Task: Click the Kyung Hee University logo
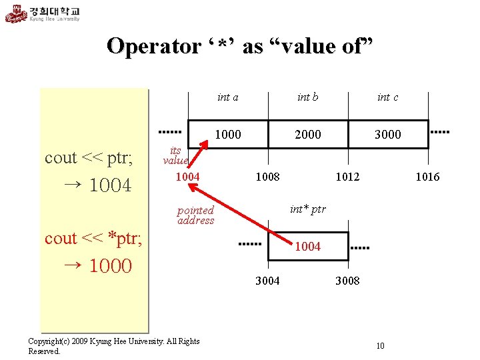coord(43,13)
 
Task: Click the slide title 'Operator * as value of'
coord(239,46)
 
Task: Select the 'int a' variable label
coord(228,97)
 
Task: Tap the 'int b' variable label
coord(307,97)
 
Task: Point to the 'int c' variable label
coord(387,97)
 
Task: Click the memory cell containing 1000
coord(228,134)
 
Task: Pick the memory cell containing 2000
coord(307,134)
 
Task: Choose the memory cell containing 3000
coord(387,134)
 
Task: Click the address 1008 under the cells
coord(268,177)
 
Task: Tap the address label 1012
coord(348,177)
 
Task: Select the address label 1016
coord(427,177)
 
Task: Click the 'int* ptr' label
coord(307,209)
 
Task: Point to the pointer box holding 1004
coord(308,246)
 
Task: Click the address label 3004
coord(268,281)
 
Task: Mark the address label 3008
coord(347,281)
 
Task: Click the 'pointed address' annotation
coord(195,215)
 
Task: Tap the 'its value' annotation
coord(176,155)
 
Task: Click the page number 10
coord(380,345)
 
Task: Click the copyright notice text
coord(113,345)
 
